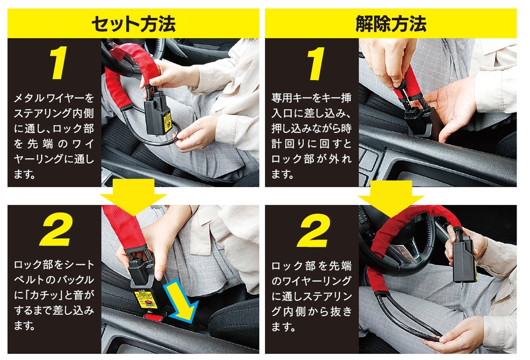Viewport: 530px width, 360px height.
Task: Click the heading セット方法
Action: [x=134, y=24]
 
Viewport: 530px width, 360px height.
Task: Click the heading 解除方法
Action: [x=391, y=24]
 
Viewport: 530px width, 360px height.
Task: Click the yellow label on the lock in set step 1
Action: [x=167, y=119]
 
